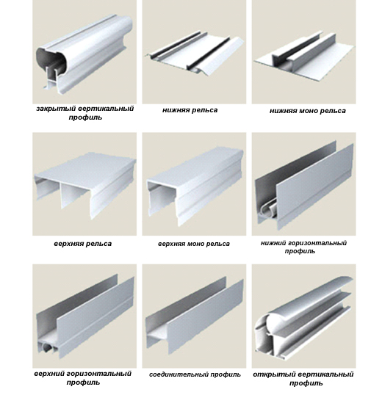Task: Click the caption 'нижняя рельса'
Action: click(x=190, y=110)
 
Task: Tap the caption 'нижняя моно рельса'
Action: click(x=308, y=111)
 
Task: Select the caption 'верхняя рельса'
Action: click(x=83, y=244)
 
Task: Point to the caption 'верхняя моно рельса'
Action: click(x=194, y=244)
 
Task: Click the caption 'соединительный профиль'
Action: click(x=195, y=374)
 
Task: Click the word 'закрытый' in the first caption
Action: click(x=56, y=109)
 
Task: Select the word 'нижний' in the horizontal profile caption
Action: click(x=273, y=243)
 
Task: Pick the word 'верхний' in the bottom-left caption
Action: click(x=49, y=374)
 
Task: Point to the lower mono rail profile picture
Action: click(x=304, y=56)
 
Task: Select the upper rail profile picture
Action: click(x=85, y=185)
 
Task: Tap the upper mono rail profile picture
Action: click(x=195, y=186)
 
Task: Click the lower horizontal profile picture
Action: click(x=304, y=185)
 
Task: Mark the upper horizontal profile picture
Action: click(x=85, y=316)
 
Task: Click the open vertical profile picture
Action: click(x=303, y=317)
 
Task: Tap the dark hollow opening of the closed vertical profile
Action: click(x=47, y=58)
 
